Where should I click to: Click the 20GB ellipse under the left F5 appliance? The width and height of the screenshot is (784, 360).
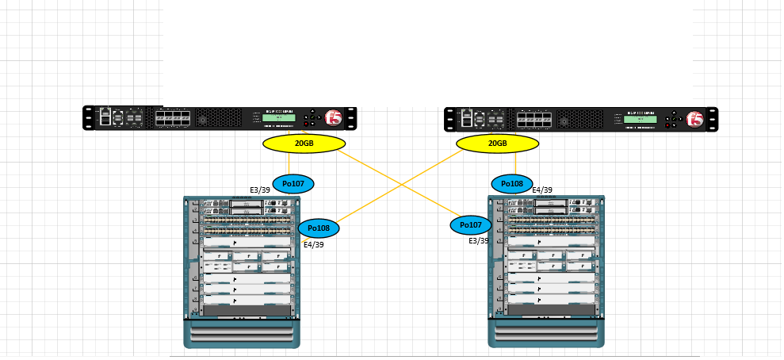pyautogui.click(x=304, y=144)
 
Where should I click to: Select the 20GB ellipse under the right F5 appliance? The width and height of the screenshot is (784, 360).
pyautogui.click(x=497, y=144)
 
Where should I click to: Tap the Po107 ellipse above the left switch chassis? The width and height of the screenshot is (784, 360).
pyautogui.click(x=293, y=184)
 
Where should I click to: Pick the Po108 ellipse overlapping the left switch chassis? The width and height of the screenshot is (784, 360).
pyautogui.click(x=319, y=228)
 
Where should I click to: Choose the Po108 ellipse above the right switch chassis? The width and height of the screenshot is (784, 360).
pyautogui.click(x=513, y=184)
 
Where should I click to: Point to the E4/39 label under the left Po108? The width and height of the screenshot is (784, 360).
pyautogui.click(x=314, y=244)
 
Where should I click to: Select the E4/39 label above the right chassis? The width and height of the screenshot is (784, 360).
pyautogui.click(x=542, y=190)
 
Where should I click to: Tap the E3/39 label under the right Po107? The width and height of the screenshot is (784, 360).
pyautogui.click(x=479, y=240)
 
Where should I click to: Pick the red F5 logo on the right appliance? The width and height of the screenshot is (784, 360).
pyautogui.click(x=695, y=119)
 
